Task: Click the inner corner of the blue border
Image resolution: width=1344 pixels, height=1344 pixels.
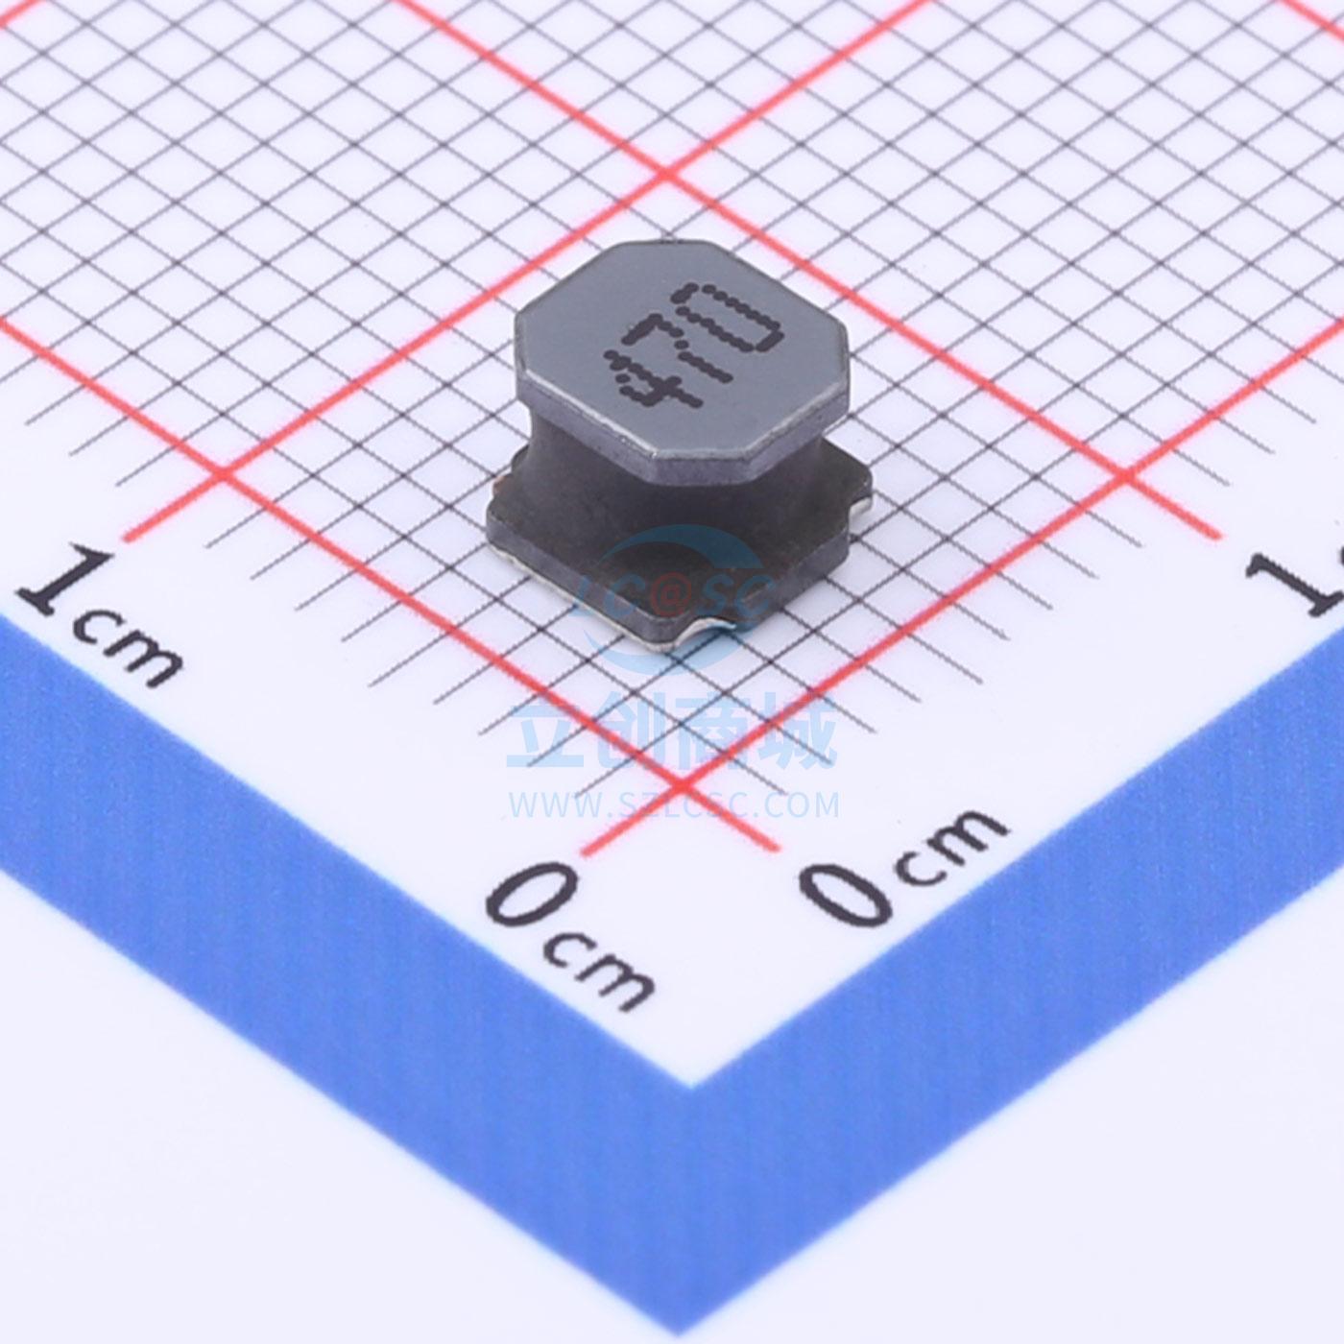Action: (692, 1085)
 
